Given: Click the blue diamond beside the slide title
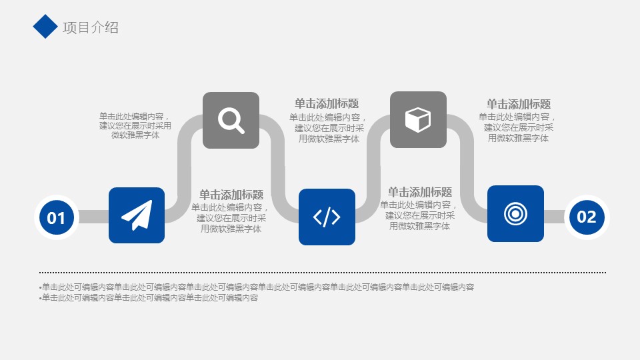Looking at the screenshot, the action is point(45,27).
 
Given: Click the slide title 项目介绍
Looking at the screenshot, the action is point(91,28).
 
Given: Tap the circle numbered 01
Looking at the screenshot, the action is point(56,217).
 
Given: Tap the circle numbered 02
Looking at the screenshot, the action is point(587,217).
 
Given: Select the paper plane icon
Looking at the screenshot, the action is point(137,215).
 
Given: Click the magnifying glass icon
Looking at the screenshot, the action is point(231,121).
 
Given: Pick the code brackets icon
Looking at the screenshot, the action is point(327,217).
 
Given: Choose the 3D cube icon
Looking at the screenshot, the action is point(418,119).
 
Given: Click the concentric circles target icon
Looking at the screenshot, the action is point(515,213).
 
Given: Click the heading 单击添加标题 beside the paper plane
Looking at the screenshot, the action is point(231,195).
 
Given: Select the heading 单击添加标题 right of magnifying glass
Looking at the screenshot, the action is point(327,103).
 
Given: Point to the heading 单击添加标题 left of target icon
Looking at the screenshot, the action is point(419,192).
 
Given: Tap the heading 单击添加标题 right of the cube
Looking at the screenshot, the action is point(519,104).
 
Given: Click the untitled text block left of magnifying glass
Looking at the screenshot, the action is point(135,126).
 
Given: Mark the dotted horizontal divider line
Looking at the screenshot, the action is point(323,272).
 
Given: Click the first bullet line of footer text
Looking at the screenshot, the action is point(257,287).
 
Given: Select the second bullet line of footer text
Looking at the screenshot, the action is point(149,297).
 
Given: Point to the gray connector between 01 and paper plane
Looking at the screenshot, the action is point(93,217).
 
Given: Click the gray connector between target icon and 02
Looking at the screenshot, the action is point(554,217).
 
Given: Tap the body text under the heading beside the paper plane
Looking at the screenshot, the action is point(231,218).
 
